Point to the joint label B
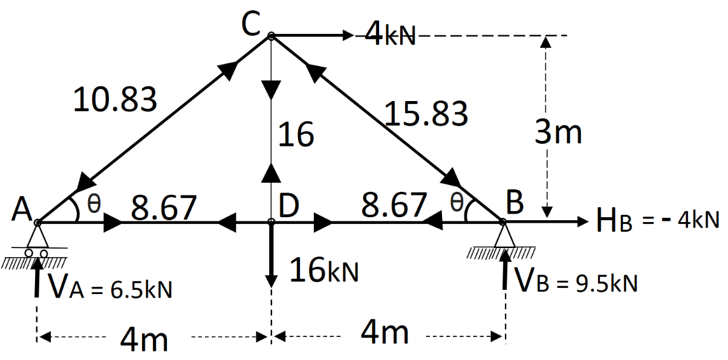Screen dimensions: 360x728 pos(514,205)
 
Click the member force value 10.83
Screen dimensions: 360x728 pos(115,99)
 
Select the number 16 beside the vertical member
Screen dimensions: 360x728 pos(296,134)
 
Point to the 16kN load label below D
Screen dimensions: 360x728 pos(324,270)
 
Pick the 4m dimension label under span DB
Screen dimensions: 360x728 pos(385,333)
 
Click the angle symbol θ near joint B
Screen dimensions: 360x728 pos(457,202)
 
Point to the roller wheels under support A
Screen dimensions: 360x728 pos(36,253)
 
